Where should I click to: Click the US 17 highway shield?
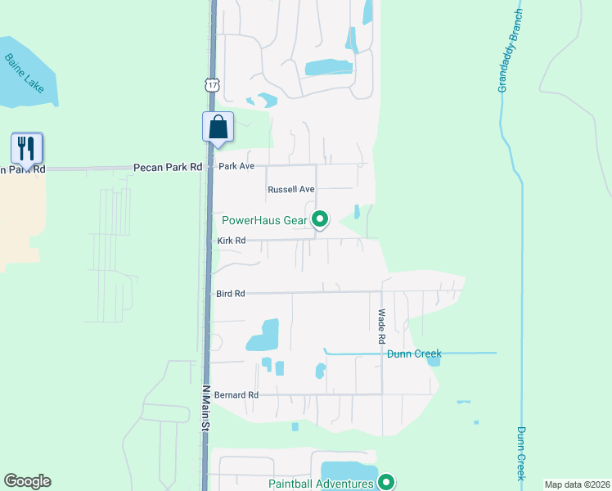pos(213,84)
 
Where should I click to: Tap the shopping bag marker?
pos(218,128)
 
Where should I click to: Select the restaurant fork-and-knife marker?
pos(26,149)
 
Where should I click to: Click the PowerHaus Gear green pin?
pos(321,219)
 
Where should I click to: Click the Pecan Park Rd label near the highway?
pos(168,167)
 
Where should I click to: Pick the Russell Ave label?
pos(291,189)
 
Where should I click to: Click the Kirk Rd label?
pos(232,241)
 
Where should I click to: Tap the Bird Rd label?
pos(232,293)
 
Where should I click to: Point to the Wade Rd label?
pos(381,326)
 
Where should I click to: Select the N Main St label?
pos(206,409)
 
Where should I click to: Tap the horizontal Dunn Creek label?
pos(414,354)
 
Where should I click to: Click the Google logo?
pos(27,481)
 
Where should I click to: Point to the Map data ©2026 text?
pos(577,484)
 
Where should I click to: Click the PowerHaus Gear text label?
pos(267,219)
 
